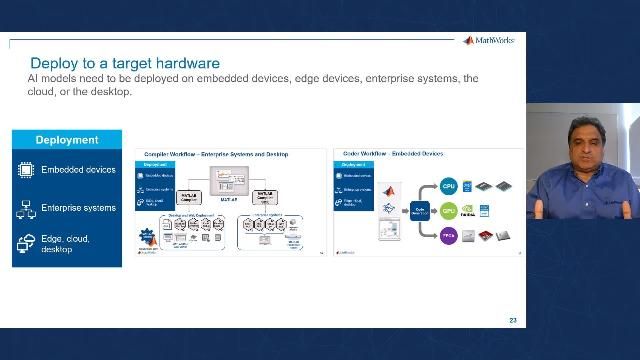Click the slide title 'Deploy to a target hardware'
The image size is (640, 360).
point(125,63)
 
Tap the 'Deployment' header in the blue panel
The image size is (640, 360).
point(67,140)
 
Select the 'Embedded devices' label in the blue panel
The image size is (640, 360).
point(78,170)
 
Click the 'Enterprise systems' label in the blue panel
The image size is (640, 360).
point(78,208)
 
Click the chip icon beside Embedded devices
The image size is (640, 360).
point(26,170)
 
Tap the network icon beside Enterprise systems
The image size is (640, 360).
point(26,208)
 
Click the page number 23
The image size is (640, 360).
point(513,320)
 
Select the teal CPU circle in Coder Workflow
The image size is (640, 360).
point(449,186)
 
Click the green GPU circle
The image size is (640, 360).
point(449,211)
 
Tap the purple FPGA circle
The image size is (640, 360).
point(449,237)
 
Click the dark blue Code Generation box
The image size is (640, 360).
point(419,211)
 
